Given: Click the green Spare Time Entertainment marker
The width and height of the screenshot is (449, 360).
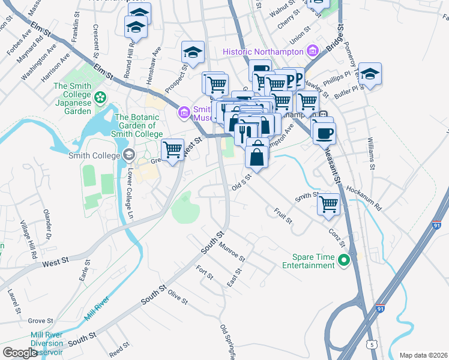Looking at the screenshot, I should click(x=344, y=260).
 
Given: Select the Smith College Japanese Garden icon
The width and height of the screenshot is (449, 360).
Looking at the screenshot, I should click(x=100, y=96).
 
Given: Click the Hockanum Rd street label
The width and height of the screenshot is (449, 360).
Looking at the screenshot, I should click(x=364, y=197).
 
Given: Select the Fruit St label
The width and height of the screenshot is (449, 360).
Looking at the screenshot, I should click(x=283, y=216).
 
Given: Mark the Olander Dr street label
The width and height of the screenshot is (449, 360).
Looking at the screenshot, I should click(x=49, y=223).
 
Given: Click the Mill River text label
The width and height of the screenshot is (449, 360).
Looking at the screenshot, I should click(x=97, y=306).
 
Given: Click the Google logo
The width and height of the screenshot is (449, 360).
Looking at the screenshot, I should click(x=20, y=352).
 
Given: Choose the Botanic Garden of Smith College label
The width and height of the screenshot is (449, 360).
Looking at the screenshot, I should click(x=139, y=125).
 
